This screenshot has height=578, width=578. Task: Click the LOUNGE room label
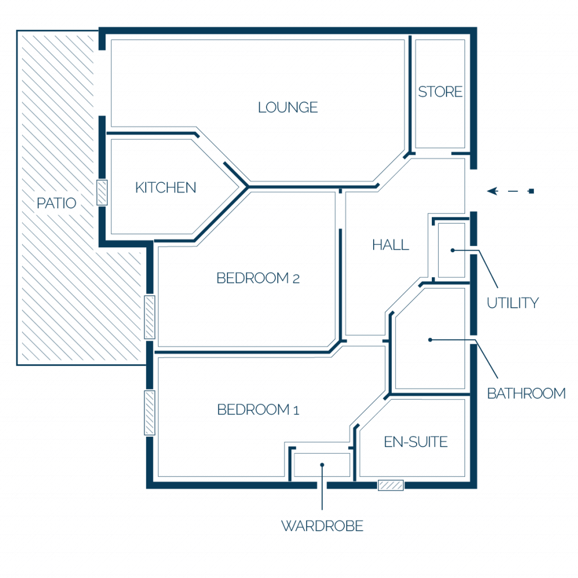pyautogui.click(x=288, y=108)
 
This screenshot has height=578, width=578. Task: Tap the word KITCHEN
pyautogui.click(x=165, y=187)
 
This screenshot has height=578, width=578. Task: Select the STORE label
pyautogui.click(x=440, y=92)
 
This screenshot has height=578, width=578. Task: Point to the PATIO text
pyautogui.click(x=56, y=203)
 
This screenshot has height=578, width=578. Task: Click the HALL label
pyautogui.click(x=391, y=245)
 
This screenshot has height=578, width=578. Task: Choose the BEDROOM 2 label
pyautogui.click(x=258, y=278)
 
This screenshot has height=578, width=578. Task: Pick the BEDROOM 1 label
pyautogui.click(x=258, y=410)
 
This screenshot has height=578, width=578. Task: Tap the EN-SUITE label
pyautogui.click(x=416, y=442)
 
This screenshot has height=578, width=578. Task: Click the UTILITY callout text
pyautogui.click(x=513, y=303)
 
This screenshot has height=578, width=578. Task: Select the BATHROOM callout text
pyautogui.click(x=527, y=393)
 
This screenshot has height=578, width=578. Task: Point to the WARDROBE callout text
pyautogui.click(x=322, y=526)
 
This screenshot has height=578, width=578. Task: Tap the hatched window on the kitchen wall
pyautogui.click(x=102, y=192)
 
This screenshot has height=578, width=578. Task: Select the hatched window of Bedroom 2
pyautogui.click(x=150, y=317)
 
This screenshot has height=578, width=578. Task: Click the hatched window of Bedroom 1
pyautogui.click(x=150, y=413)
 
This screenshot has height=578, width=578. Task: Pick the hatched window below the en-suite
pyautogui.click(x=391, y=485)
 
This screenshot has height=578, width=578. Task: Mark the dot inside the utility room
pyautogui.click(x=453, y=250)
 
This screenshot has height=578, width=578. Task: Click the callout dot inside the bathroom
pyautogui.click(x=430, y=339)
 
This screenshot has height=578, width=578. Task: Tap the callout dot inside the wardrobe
pyautogui.click(x=322, y=465)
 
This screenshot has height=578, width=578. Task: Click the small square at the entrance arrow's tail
pyautogui.click(x=531, y=191)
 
